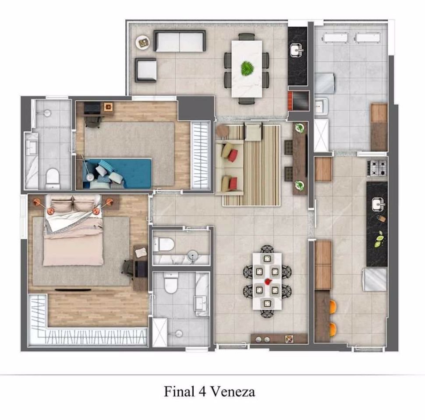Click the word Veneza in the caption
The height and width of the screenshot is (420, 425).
tap(233, 392)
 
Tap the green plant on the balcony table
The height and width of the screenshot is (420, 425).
tap(247, 68)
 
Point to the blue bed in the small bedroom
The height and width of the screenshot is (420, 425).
tap(117, 173)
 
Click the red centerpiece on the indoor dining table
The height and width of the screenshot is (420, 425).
tap(268, 281)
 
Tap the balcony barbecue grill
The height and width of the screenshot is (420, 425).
tap(298, 100)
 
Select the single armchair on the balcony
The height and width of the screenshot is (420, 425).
tap(146, 70)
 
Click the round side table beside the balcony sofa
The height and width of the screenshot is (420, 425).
tap(143, 42)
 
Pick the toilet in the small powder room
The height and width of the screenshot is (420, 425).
tap(163, 244)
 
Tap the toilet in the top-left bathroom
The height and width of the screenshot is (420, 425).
tap(52, 178)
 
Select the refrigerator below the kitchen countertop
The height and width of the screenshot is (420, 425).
tap(374, 280)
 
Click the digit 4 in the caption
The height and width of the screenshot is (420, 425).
tap(202, 392)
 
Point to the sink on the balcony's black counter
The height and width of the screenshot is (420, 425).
tap(297, 50)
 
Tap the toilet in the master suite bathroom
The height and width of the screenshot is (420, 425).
tap(171, 283)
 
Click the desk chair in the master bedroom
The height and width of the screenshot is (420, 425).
tap(129, 269)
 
